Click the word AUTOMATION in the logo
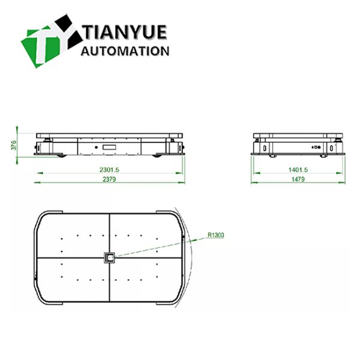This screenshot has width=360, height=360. [x=125, y=51]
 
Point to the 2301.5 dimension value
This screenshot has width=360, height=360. [x=109, y=170]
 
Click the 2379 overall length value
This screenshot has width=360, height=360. [x=109, y=179]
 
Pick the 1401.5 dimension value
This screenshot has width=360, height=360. [x=298, y=170]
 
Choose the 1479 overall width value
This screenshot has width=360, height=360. [x=298, y=179]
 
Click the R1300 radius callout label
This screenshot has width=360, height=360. [x=215, y=235]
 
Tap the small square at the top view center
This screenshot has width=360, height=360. [x=110, y=258]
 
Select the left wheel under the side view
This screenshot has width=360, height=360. [x=61, y=156]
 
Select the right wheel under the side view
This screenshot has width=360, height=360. [x=158, y=156]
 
